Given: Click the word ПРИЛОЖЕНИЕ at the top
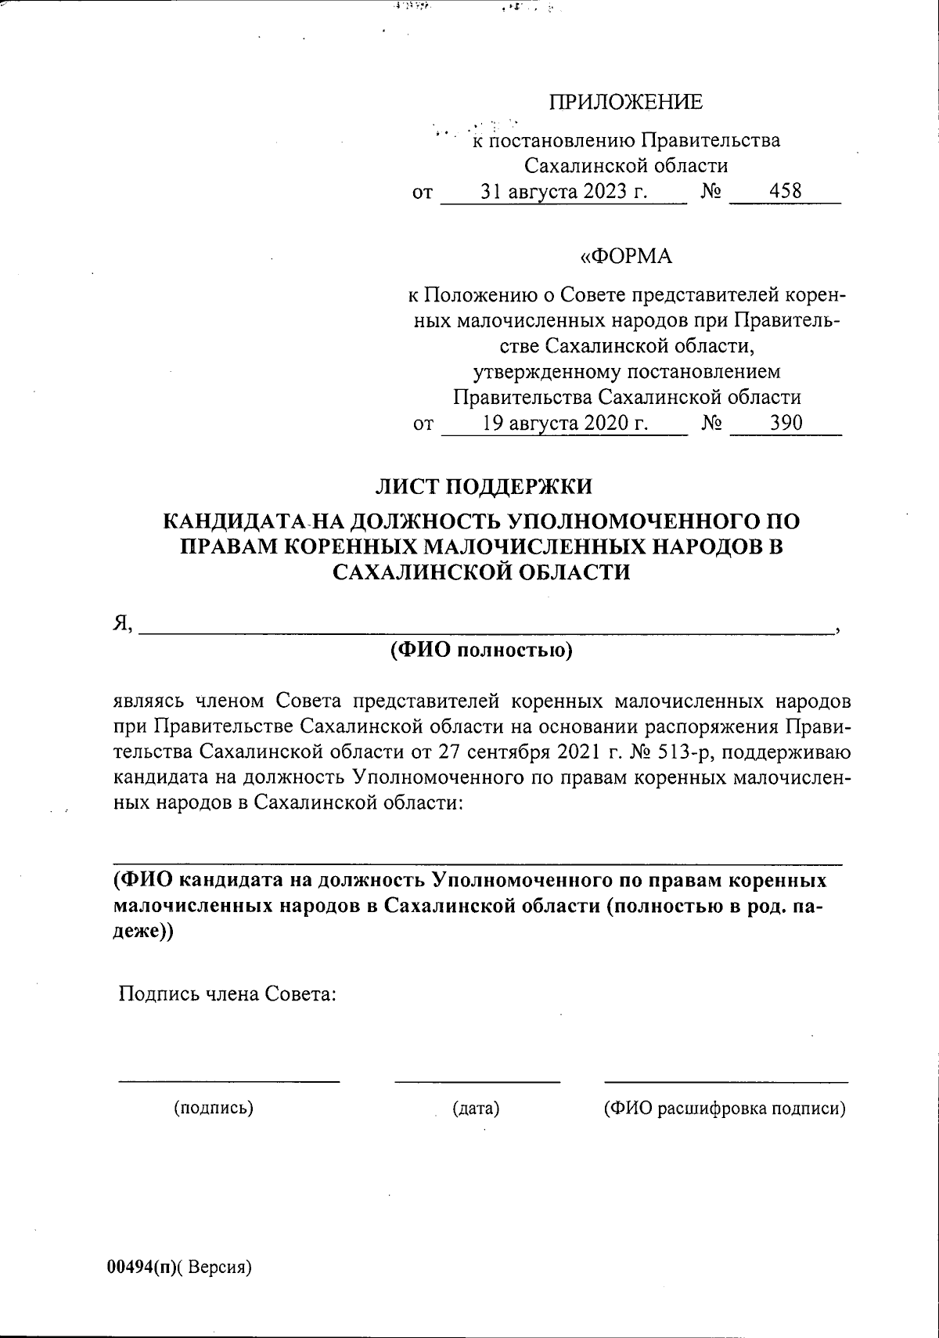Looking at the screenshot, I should coord(625,103).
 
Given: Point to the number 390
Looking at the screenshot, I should coord(786,423).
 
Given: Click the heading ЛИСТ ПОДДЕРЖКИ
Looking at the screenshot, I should coord(484,486).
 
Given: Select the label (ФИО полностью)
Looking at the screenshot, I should coord(481,650).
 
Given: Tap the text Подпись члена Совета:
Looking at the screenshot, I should coord(227,994).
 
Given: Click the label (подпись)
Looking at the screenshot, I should coord(213,1108).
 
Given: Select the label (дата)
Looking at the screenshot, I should coord(476,1108).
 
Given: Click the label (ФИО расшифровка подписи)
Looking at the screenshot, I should coord(725,1109).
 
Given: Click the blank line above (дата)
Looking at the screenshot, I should coord(477,1081).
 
